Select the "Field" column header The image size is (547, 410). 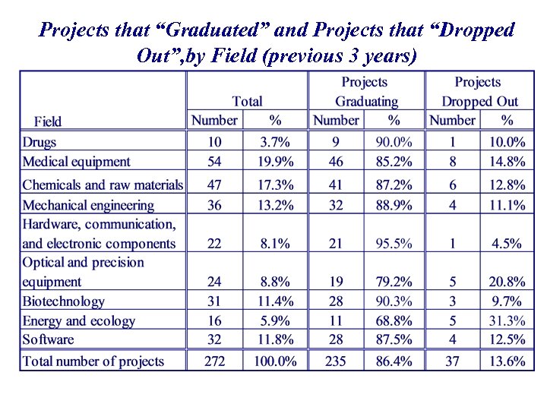[48, 121]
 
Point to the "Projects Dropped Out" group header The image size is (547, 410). [479, 92]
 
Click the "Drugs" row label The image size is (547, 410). [40, 142]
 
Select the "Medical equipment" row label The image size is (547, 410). [76, 162]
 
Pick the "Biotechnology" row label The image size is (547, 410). [64, 301]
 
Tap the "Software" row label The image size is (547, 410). [49, 340]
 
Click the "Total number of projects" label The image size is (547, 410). [93, 361]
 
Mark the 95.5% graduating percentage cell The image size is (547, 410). [394, 244]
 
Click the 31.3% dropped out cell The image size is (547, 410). [506, 321]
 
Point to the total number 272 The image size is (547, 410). [214, 361]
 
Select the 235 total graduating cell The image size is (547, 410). [335, 361]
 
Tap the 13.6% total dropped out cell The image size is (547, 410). [506, 361]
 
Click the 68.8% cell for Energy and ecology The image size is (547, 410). [394, 321]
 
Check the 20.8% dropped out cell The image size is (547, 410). [506, 282]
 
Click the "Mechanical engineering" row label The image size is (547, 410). [88, 205]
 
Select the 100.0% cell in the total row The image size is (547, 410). [274, 361]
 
